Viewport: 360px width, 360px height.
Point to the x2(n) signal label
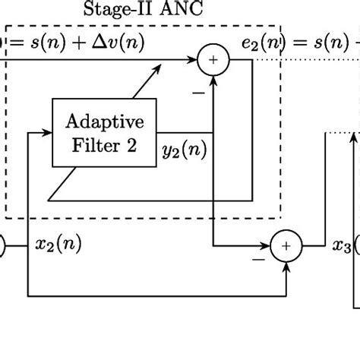tap(59, 245)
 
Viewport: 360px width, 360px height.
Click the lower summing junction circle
tap(286, 245)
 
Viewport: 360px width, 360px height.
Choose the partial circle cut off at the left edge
tap(2, 245)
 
